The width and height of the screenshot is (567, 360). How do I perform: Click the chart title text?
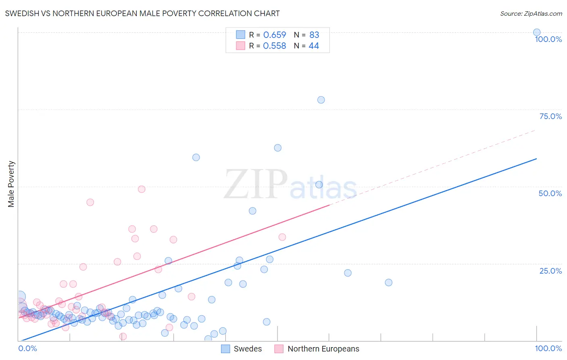[x=142, y=13]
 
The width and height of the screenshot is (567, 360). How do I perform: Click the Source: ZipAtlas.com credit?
[x=531, y=13]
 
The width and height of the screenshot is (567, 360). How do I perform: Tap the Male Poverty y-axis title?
[x=11, y=184]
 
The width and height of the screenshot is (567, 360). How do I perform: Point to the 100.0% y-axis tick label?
[x=548, y=39]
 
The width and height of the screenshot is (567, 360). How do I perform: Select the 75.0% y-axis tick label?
[x=550, y=116]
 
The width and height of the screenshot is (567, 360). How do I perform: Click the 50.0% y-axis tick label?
[x=550, y=193]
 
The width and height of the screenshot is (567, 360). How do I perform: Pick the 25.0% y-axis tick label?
[x=550, y=271]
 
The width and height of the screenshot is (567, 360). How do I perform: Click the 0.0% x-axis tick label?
[x=27, y=348]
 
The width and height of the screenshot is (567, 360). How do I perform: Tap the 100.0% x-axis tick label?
[x=548, y=348]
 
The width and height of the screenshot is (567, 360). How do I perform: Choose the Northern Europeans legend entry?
[x=317, y=349]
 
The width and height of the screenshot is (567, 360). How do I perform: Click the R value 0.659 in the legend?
[x=275, y=35]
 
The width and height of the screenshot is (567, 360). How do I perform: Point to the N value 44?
[x=314, y=46]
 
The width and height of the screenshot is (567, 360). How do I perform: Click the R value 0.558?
[x=275, y=46]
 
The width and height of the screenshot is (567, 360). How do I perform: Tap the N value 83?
[x=314, y=35]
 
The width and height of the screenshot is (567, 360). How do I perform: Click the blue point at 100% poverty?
[x=537, y=32]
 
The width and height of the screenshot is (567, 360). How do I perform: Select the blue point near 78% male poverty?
[x=321, y=100]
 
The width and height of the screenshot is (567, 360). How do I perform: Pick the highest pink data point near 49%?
[x=142, y=189]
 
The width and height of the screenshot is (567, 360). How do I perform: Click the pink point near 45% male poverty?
[x=90, y=202]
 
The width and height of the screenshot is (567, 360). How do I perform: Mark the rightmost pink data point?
[x=282, y=237]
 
